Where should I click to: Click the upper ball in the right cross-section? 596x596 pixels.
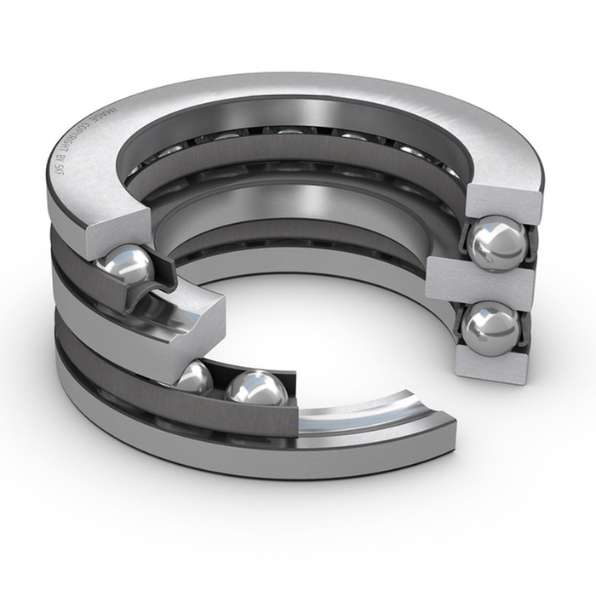(498, 244)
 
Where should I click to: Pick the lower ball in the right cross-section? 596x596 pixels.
(490, 327)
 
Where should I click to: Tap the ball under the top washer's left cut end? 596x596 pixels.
(126, 266)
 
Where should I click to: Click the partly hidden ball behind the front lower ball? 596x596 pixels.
(195, 375)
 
